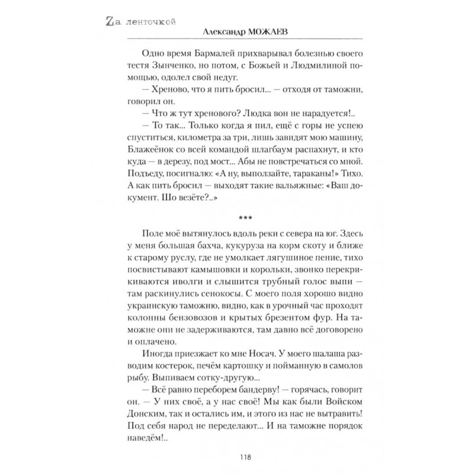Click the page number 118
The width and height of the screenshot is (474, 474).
pos(236,457)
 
